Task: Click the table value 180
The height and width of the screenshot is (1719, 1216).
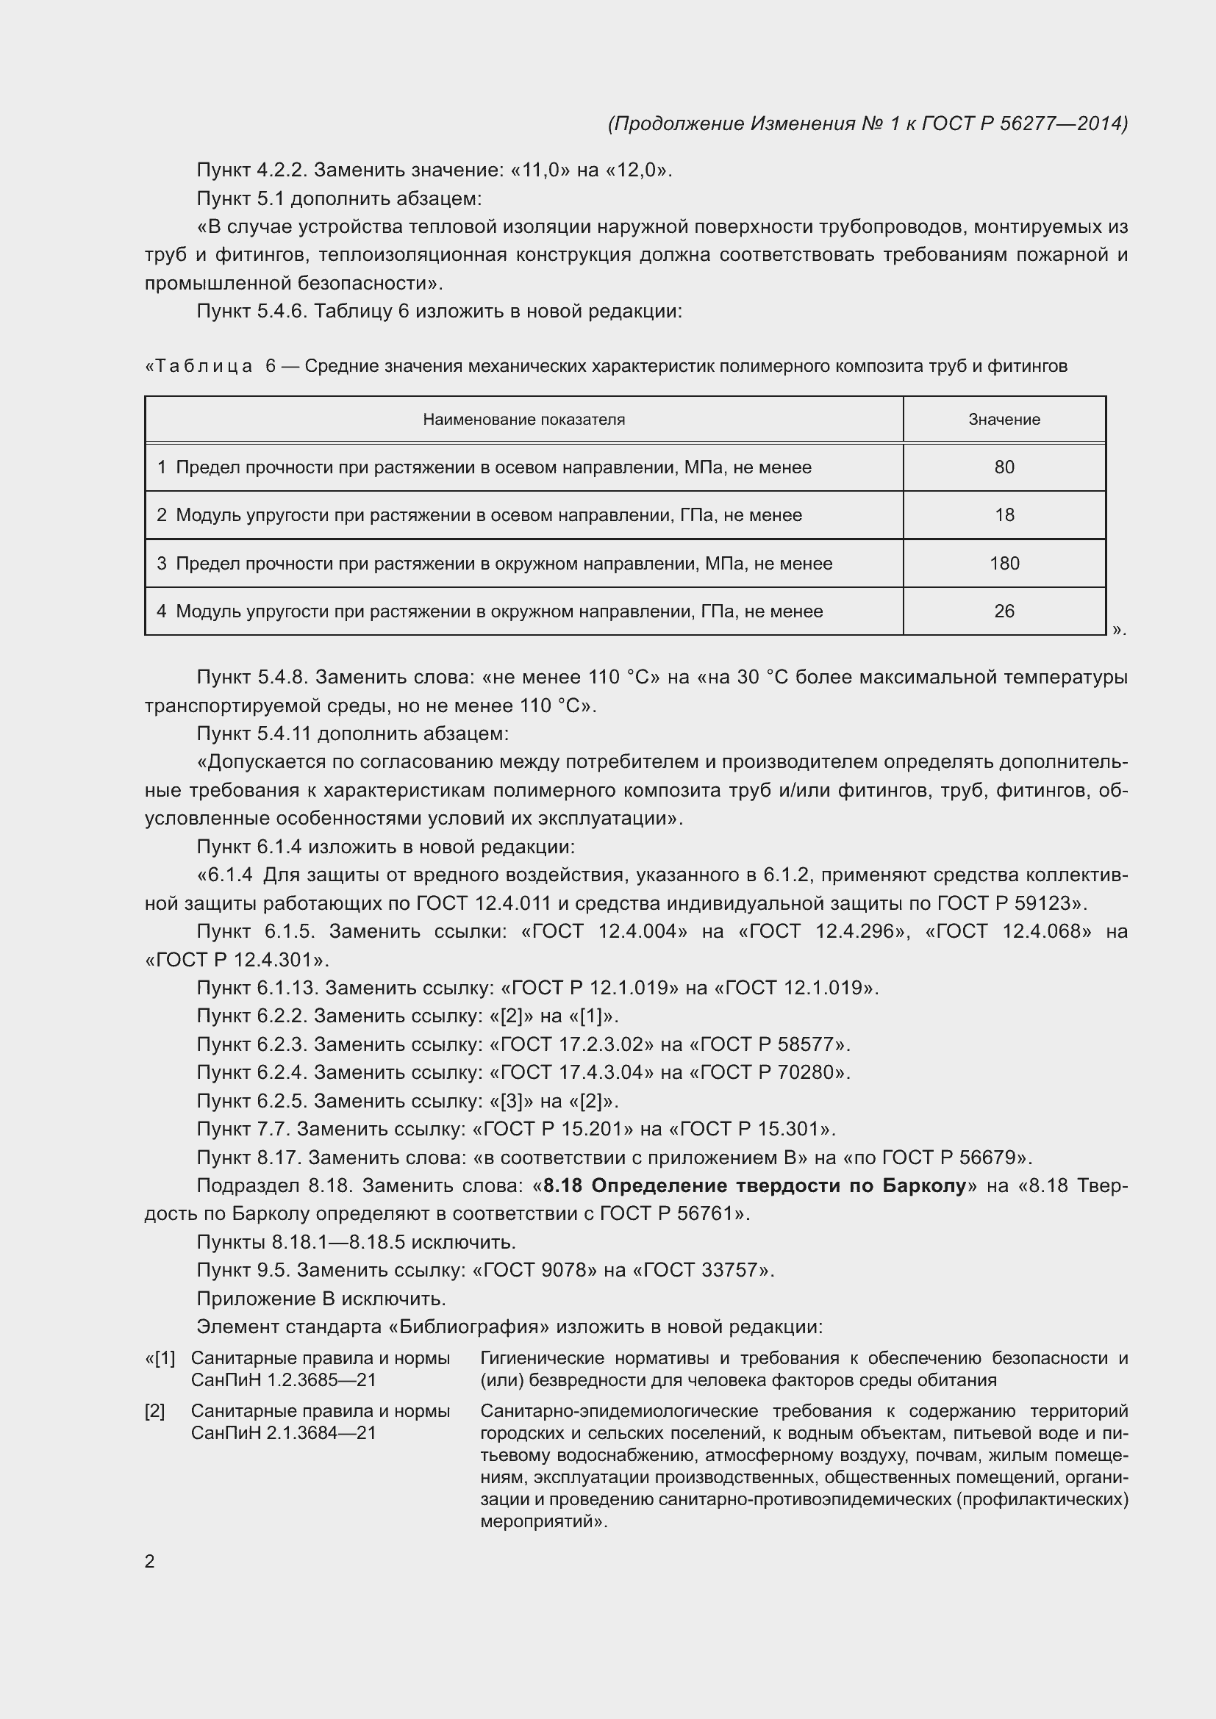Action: [1004, 563]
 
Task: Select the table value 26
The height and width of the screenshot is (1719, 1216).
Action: [1004, 611]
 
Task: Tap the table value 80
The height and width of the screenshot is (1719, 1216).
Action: [1004, 467]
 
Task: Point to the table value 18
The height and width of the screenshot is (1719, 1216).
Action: [1004, 515]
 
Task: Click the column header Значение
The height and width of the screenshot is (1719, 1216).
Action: [1004, 419]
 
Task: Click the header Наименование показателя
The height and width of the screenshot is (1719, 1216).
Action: [523, 419]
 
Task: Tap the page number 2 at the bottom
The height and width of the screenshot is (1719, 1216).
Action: [150, 1561]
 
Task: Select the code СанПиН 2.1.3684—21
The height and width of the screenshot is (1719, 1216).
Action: [283, 1432]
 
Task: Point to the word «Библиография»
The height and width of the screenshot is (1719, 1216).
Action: [470, 1327]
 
